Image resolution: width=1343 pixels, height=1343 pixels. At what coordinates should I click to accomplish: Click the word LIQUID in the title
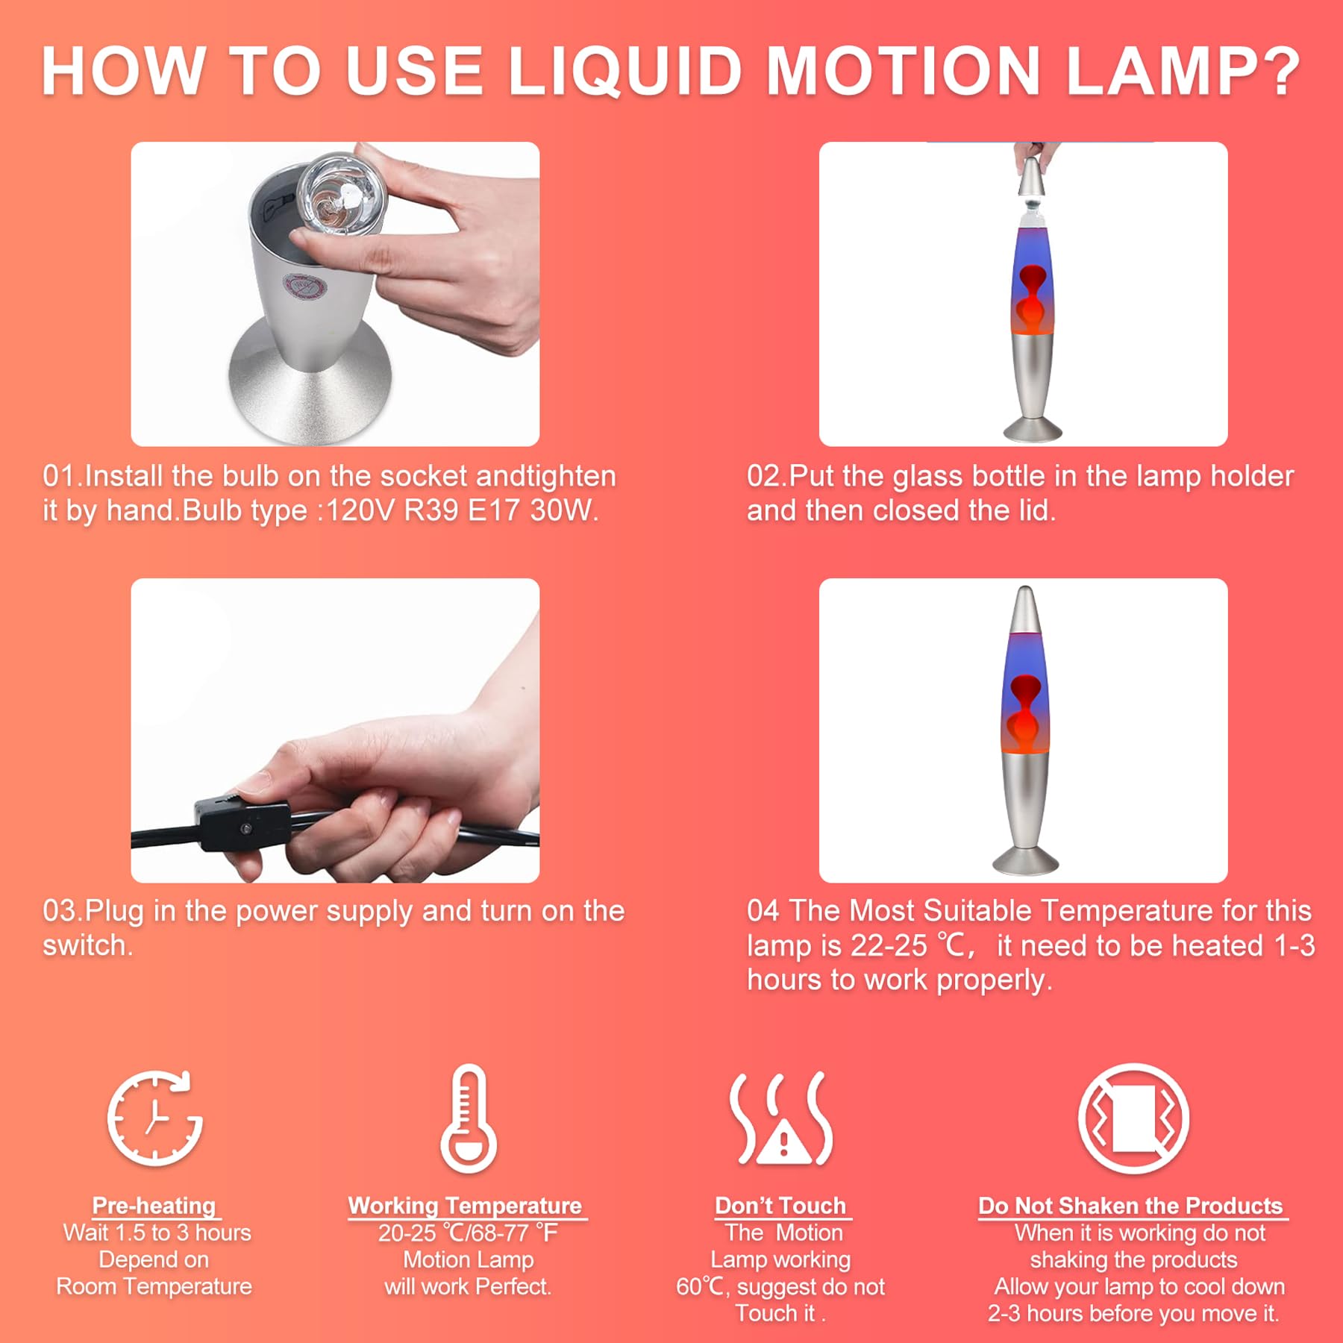(x=624, y=72)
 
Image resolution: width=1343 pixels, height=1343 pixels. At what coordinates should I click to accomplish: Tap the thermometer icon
(x=469, y=1119)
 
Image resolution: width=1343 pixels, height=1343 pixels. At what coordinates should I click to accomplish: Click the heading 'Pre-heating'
(x=154, y=1206)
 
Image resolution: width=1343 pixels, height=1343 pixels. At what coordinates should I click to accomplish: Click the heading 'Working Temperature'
(x=465, y=1206)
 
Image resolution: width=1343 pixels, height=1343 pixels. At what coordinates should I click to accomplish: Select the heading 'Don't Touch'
(x=780, y=1206)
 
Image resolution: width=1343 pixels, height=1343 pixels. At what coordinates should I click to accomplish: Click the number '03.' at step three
(x=61, y=911)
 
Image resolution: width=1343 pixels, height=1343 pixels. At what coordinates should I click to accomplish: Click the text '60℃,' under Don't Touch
(x=702, y=1286)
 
